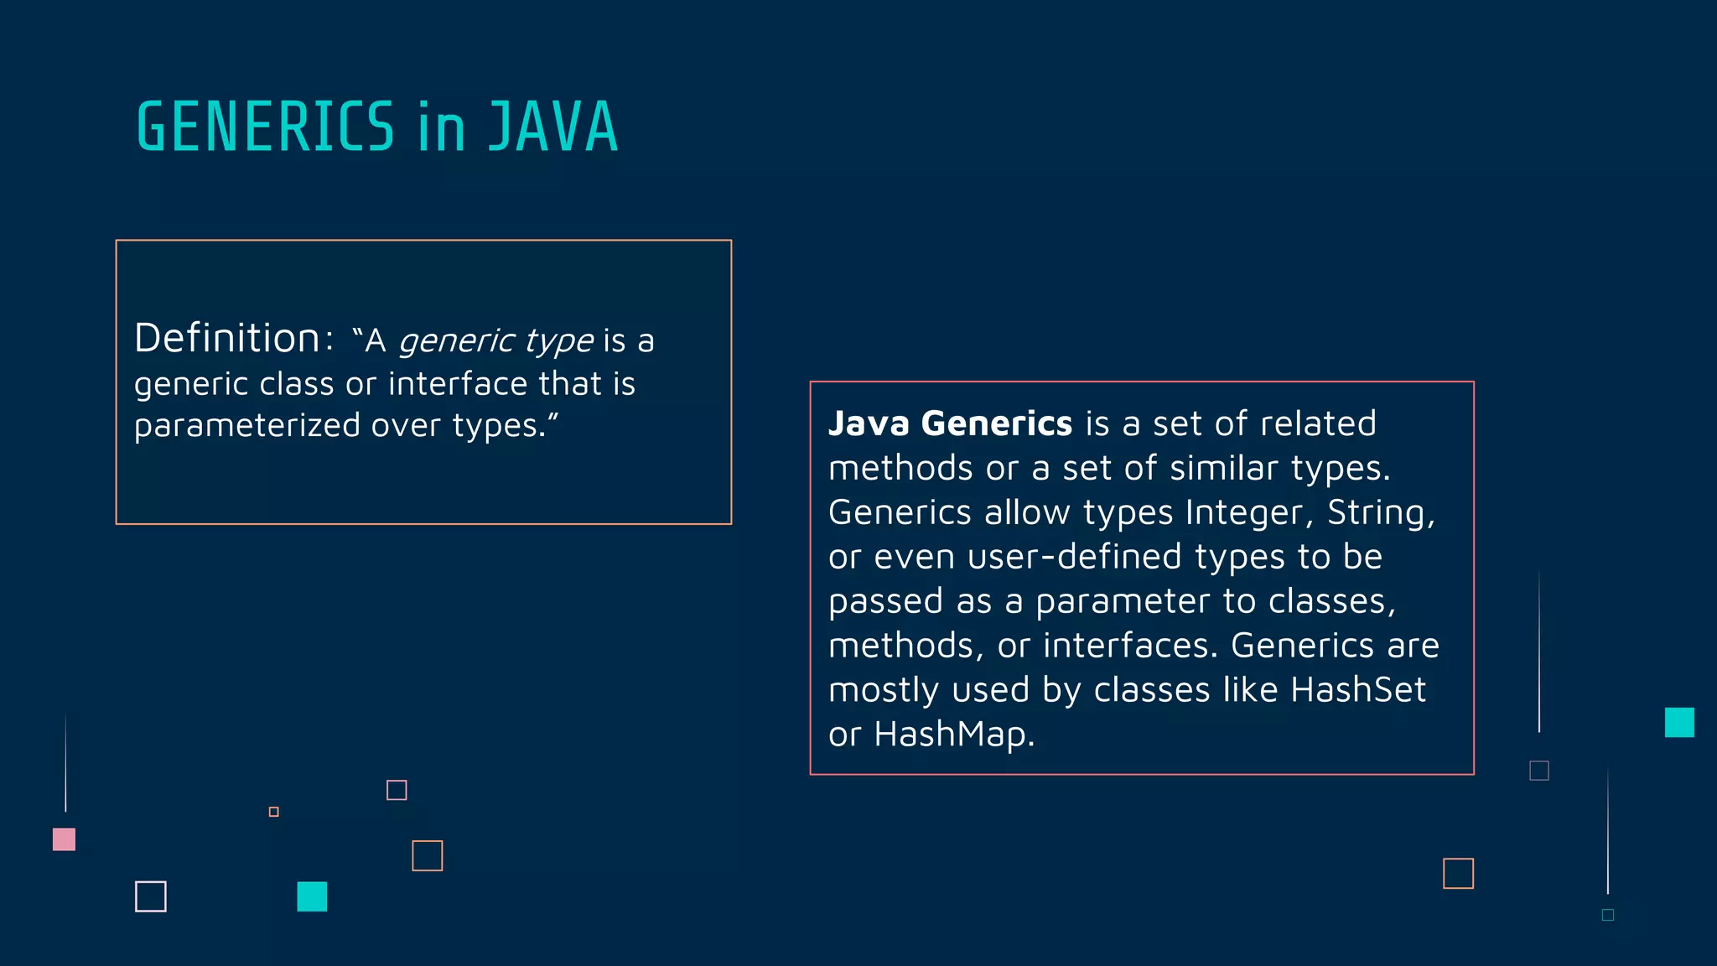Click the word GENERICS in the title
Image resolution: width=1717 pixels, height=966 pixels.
(265, 127)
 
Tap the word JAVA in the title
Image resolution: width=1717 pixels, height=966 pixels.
(553, 127)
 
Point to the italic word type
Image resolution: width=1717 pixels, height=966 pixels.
(559, 341)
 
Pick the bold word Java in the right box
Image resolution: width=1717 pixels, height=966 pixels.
(869, 423)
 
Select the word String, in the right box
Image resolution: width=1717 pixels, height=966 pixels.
(1381, 512)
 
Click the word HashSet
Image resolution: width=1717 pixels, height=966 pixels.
(1358, 690)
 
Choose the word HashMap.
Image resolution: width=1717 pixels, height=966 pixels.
(954, 735)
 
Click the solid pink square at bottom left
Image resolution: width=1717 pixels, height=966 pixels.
(64, 839)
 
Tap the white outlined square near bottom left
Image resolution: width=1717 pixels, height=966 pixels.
(151, 896)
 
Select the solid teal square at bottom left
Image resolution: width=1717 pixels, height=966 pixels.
(312, 896)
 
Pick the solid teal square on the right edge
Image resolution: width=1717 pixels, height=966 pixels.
(1679, 722)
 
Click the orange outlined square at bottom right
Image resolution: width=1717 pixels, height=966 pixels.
(1458, 873)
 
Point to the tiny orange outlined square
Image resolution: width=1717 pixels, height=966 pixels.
(273, 812)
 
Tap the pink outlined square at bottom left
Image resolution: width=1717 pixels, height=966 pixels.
(397, 790)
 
